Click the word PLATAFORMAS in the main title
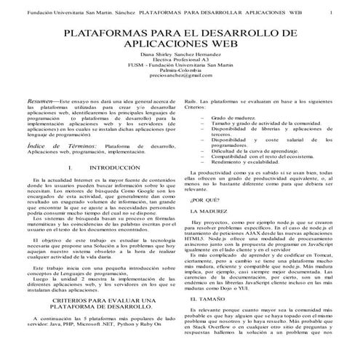click(111, 33)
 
